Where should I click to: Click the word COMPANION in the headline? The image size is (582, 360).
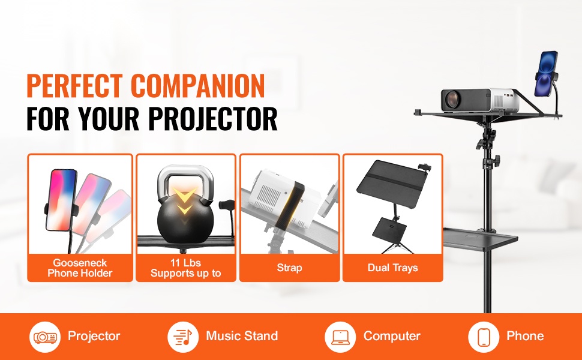click(x=198, y=86)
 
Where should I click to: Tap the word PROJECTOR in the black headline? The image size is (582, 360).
click(x=212, y=119)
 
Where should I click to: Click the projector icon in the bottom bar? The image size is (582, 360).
click(x=45, y=337)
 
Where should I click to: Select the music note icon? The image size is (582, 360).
click(x=184, y=337)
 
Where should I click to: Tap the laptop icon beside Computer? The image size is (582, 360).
click(x=340, y=337)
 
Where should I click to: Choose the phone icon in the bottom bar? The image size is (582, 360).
click(x=484, y=337)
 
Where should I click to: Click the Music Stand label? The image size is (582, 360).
click(x=242, y=336)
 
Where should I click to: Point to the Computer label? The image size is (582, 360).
click(x=392, y=336)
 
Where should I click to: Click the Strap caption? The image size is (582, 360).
click(x=290, y=268)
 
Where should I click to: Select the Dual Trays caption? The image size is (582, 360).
click(x=393, y=268)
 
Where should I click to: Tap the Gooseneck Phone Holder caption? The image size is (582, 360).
click(x=80, y=268)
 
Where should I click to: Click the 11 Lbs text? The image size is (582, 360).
click(x=185, y=263)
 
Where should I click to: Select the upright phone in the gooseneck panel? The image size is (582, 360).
click(x=61, y=200)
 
